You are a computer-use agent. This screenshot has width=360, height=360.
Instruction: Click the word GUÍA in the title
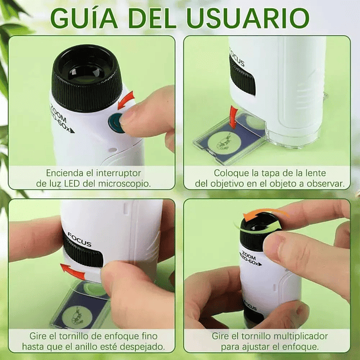click(x=84, y=18)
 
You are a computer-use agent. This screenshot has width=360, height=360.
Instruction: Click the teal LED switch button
click(x=116, y=123)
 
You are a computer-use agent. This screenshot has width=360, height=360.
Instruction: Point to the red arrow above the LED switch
click(x=126, y=100)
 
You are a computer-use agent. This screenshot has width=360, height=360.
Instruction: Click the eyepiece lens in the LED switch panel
click(x=86, y=72)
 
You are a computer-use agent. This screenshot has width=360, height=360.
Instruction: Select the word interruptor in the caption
click(x=119, y=173)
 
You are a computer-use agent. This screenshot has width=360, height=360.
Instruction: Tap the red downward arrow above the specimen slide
click(x=234, y=117)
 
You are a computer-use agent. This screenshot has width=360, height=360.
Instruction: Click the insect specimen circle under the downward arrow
click(x=224, y=143)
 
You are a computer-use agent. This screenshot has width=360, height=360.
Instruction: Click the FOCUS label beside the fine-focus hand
click(x=79, y=240)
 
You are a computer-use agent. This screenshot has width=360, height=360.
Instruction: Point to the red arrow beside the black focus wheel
click(x=73, y=271)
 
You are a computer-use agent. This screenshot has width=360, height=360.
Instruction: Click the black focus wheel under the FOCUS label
click(x=82, y=253)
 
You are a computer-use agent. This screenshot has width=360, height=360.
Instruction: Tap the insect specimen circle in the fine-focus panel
click(x=77, y=317)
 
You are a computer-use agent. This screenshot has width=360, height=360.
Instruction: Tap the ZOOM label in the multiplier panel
click(x=248, y=254)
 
